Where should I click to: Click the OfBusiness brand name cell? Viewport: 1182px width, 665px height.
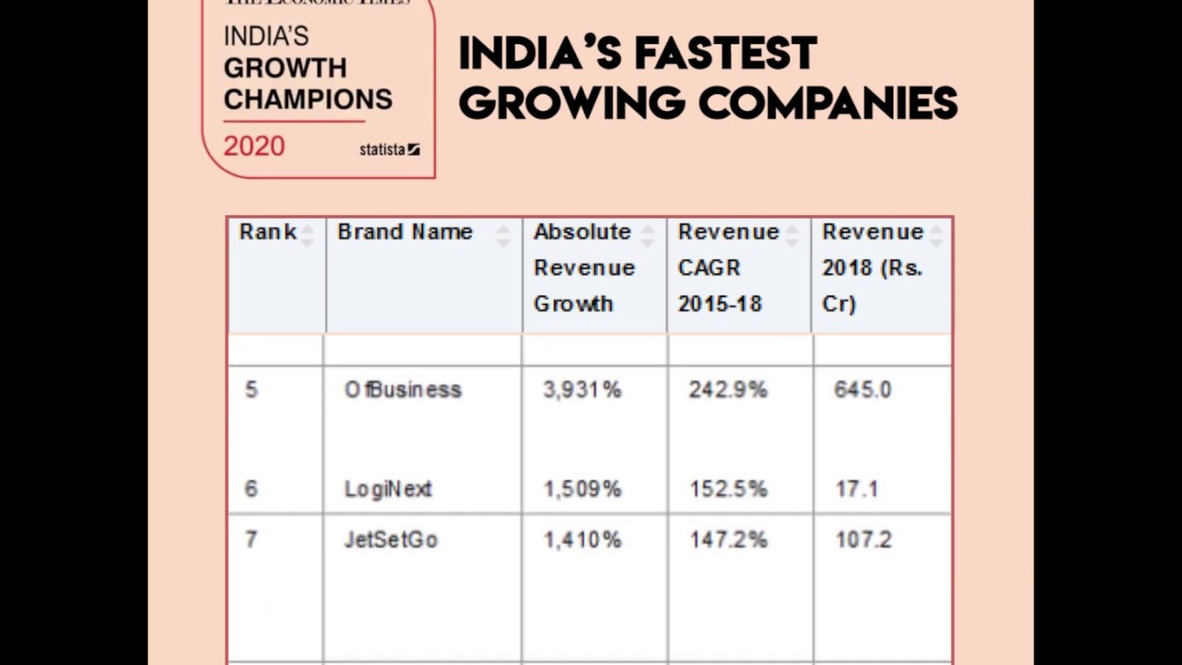pos(403,390)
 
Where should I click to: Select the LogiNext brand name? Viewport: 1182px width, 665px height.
pos(388,489)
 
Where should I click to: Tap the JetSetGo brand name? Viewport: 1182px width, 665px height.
pos(391,539)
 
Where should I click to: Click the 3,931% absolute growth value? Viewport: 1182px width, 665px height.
pos(583,390)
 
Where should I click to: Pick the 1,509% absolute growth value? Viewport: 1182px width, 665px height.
pos(583,489)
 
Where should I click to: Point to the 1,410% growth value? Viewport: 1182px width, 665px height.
pos(583,539)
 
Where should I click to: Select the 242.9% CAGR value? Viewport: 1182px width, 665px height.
pos(728,390)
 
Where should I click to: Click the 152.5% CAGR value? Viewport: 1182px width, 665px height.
pos(728,489)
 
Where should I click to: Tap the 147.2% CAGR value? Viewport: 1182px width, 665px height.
pos(728,539)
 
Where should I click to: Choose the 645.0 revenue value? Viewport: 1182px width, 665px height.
pos(862,390)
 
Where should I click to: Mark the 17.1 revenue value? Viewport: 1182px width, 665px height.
pos(856,489)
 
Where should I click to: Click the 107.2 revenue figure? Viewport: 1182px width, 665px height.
pos(863,539)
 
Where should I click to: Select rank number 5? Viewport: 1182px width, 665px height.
pos(251,390)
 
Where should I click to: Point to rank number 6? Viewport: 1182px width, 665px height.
pos(251,489)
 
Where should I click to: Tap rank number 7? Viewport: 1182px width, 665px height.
pos(251,539)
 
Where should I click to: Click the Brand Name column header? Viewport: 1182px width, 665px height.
pos(404,232)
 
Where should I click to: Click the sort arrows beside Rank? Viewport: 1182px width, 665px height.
pos(308,235)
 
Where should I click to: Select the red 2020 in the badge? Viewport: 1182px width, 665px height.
pos(254,146)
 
